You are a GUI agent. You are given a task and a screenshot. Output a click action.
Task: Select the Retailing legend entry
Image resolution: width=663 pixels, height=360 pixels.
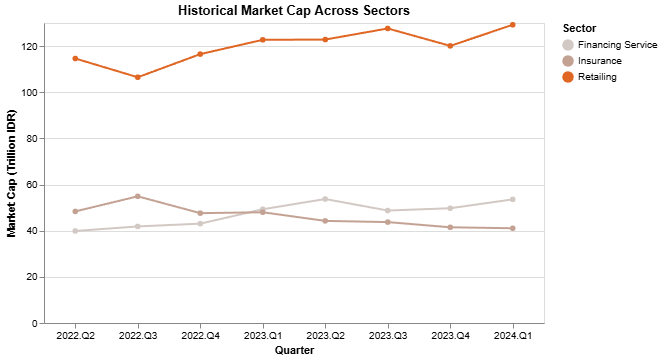(x=596, y=77)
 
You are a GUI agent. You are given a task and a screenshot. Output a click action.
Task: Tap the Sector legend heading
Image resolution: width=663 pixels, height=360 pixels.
(x=580, y=28)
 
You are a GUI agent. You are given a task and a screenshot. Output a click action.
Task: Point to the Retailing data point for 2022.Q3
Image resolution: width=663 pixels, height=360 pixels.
(x=138, y=77)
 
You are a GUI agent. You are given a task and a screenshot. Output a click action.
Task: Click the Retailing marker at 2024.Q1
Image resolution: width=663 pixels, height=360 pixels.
(x=513, y=25)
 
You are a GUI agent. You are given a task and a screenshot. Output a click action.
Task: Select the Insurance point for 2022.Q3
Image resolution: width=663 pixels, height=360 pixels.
(x=138, y=196)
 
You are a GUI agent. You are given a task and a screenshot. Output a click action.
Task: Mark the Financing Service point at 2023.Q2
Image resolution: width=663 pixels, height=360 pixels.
(x=325, y=199)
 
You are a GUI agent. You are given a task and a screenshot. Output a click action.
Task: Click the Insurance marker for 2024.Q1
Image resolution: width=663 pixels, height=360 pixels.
(x=513, y=228)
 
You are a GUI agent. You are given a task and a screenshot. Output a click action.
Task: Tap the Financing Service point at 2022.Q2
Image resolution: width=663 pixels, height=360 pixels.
(x=75, y=231)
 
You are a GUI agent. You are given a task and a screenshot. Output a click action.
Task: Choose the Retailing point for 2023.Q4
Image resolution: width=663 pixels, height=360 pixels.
(x=450, y=46)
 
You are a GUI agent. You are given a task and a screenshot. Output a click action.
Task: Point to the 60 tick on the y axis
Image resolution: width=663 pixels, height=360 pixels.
(x=30, y=185)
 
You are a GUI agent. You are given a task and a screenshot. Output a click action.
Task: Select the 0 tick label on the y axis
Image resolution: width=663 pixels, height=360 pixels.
(x=33, y=324)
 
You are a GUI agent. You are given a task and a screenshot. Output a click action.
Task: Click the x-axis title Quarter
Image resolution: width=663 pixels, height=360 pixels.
(x=294, y=351)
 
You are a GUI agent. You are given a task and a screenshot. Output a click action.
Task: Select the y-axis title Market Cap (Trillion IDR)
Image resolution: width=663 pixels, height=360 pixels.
(x=11, y=174)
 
